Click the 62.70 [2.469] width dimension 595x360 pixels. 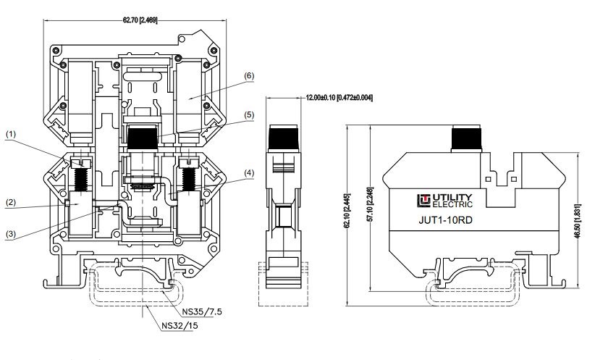pos(140,20)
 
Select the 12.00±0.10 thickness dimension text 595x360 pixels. pos(339,98)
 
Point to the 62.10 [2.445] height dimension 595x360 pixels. pos(347,210)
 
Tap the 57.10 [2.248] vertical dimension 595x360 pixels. pos(371,204)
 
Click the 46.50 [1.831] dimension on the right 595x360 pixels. pos(578,222)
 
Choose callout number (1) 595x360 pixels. pos(11,134)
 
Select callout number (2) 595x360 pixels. pos(11,202)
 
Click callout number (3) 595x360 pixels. pos(11,234)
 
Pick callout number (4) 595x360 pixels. pos(248,173)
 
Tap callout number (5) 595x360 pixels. pos(248,114)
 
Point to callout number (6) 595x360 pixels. pos(248,76)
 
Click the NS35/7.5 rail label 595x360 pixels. pos(202,312)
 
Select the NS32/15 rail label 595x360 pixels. pos(180,325)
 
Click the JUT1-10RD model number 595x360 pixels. pos(445,220)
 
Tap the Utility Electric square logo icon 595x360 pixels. pos(424,201)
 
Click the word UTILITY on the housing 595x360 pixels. pos(452,198)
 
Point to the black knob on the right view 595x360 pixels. pos(466,140)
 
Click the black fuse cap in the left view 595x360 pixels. pos(143,138)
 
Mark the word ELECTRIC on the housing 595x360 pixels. pos(452,205)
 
